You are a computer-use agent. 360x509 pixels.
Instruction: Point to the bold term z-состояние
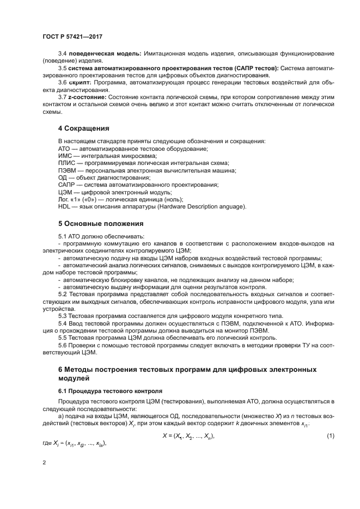(x=89, y=96)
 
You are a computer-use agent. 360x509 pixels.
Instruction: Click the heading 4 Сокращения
(x=83, y=128)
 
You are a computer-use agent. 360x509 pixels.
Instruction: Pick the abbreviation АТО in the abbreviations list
(x=65, y=149)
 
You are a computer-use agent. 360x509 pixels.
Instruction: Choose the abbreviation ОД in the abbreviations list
(x=63, y=177)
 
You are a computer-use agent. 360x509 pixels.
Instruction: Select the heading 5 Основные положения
(x=101, y=223)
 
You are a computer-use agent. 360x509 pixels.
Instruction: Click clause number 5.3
(x=63, y=316)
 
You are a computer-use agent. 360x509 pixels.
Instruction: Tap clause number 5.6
(x=63, y=345)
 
